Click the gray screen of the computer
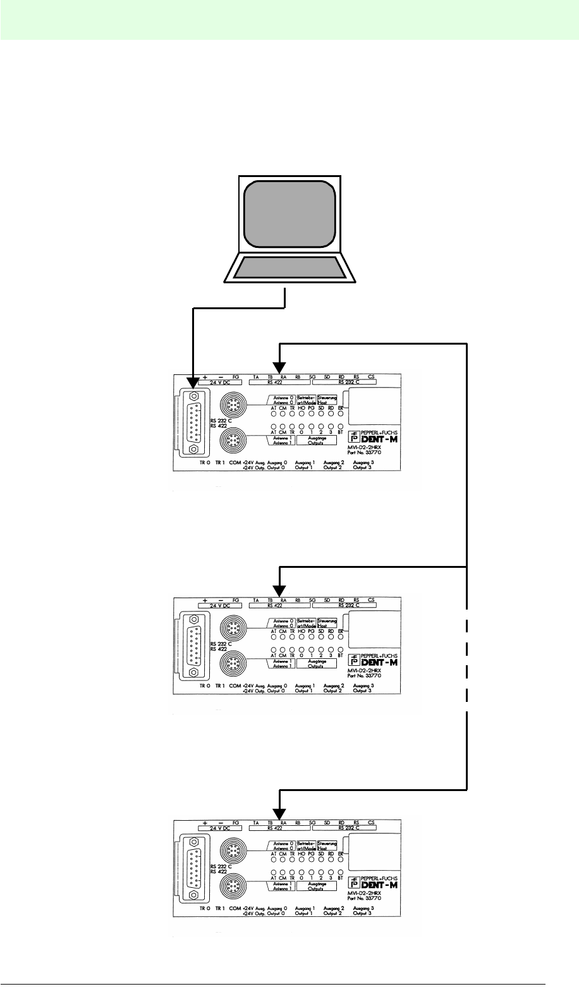point(288,212)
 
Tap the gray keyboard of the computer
point(289,268)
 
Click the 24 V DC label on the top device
point(214,383)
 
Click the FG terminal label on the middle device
point(236,600)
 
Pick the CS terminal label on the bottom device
point(371,823)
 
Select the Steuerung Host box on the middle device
point(327,623)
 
